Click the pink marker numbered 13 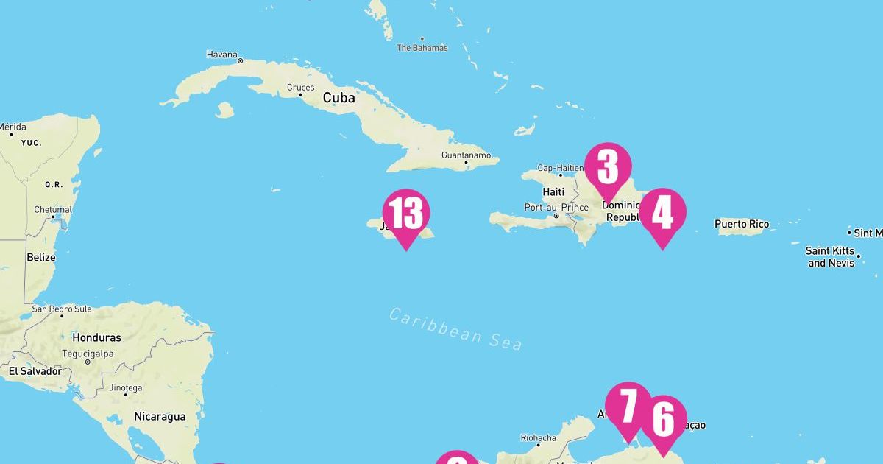click(x=405, y=214)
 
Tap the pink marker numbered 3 click(x=608, y=167)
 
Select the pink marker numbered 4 click(x=662, y=213)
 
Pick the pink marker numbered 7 click(x=628, y=405)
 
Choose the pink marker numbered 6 click(x=663, y=419)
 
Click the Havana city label click(x=222, y=55)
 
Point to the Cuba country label click(x=338, y=98)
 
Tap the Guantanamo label click(x=466, y=155)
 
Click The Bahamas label click(x=422, y=48)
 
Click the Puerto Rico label click(x=742, y=224)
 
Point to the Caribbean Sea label click(x=455, y=328)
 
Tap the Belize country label click(x=41, y=257)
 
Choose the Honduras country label click(x=96, y=337)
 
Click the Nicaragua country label click(x=160, y=416)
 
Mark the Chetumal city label click(x=53, y=210)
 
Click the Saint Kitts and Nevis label click(x=831, y=257)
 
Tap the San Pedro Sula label click(x=62, y=309)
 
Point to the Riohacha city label click(x=539, y=438)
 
